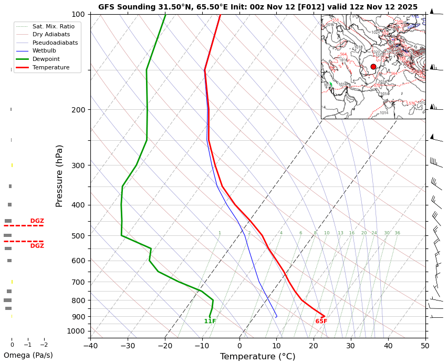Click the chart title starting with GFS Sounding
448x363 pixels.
(257, 7)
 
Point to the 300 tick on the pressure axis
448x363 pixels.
(78, 165)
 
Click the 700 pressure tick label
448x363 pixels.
(78, 282)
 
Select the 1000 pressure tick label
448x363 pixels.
(76, 331)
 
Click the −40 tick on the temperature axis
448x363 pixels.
(90, 345)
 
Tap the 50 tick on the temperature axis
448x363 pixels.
(425, 345)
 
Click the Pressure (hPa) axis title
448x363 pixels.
(59, 175)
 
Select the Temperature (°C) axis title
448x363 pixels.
(257, 357)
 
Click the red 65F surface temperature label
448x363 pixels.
(321, 321)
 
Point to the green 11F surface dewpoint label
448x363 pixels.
(210, 321)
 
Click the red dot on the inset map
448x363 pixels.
(373, 67)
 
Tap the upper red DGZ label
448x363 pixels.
(37, 221)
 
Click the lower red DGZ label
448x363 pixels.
(37, 246)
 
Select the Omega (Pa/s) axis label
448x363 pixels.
(28, 355)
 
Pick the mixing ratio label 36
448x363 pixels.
(397, 233)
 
